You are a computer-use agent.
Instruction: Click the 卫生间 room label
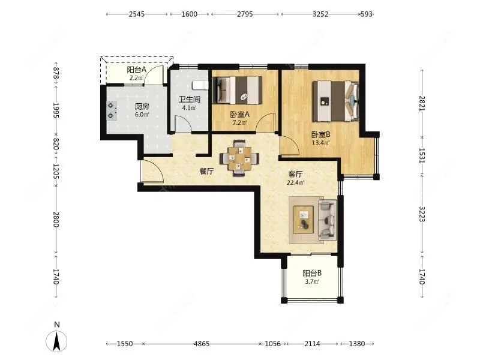pyautogui.click(x=190, y=100)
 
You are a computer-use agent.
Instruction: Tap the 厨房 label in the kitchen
pyautogui.click(x=142, y=107)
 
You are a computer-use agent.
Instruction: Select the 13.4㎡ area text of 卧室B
pyautogui.click(x=321, y=143)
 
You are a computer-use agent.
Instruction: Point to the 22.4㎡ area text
pyautogui.click(x=295, y=183)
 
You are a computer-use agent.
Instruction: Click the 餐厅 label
pyautogui.click(x=206, y=172)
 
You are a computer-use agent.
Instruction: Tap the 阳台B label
pyautogui.click(x=312, y=273)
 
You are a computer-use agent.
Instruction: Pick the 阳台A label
pyautogui.click(x=137, y=70)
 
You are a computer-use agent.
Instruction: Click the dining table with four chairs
pyautogui.click(x=239, y=158)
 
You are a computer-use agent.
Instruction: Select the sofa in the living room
pyautogui.click(x=328, y=220)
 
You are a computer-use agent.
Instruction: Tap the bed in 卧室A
pyautogui.click(x=239, y=91)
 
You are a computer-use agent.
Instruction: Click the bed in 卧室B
pyautogui.click(x=335, y=101)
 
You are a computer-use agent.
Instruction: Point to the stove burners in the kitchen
pyautogui.click(x=112, y=110)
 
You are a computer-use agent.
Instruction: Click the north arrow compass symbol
pyautogui.click(x=56, y=341)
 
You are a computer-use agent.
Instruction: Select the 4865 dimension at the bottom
pyautogui.click(x=202, y=344)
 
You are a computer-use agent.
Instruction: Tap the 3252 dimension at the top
pyautogui.click(x=320, y=14)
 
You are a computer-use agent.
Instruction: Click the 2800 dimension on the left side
pyautogui.click(x=56, y=219)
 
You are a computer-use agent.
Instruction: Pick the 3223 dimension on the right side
pyautogui.click(x=422, y=214)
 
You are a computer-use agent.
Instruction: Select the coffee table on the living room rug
pyautogui.click(x=304, y=220)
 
